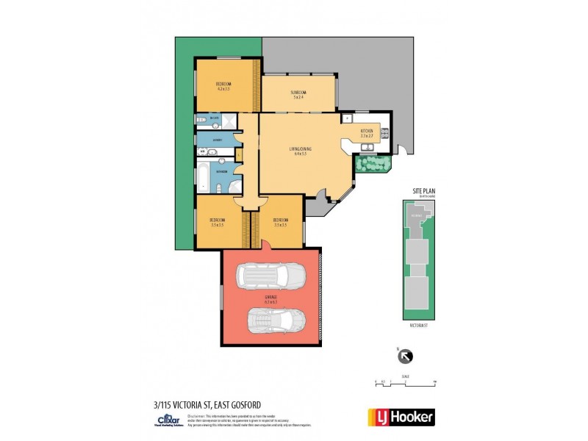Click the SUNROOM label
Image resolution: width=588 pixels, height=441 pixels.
[298, 92]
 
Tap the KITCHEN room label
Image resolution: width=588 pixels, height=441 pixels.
[367, 132]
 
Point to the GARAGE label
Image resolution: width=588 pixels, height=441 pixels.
[270, 298]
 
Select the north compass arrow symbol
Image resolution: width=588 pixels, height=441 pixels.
[404, 357]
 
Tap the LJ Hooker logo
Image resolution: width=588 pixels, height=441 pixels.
[401, 416]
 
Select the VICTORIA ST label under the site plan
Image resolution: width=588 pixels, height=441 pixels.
[419, 323]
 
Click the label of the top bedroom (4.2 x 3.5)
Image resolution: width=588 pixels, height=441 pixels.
[223, 85]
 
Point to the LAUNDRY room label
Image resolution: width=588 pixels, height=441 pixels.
[218, 139]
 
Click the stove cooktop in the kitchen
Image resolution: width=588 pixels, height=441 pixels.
[384, 133]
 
